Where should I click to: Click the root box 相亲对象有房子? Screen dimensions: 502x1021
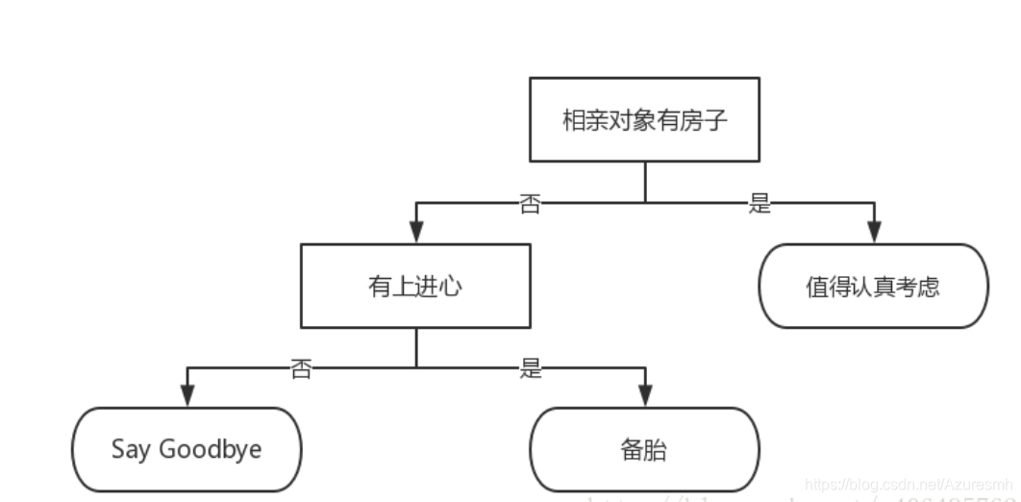(x=644, y=119)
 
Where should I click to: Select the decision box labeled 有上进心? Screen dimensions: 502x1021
(x=415, y=286)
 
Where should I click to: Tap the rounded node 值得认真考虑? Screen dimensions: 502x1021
(x=873, y=286)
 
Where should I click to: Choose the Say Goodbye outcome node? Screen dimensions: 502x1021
(x=187, y=449)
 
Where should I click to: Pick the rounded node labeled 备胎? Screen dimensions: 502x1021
(x=644, y=449)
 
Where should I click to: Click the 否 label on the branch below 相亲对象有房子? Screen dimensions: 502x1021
(x=530, y=204)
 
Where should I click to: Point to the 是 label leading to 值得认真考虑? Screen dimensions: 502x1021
(x=760, y=204)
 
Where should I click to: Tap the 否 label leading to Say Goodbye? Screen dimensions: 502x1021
(x=301, y=368)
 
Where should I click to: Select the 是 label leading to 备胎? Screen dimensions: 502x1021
(x=531, y=368)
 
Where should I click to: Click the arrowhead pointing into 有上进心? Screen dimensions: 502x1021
(x=415, y=232)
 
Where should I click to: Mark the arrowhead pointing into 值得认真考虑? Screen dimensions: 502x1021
(x=873, y=232)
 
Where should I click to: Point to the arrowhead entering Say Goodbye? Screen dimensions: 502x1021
(x=187, y=396)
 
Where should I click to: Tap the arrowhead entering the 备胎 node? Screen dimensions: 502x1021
(x=644, y=396)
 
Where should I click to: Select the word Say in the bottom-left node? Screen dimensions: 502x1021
(x=131, y=449)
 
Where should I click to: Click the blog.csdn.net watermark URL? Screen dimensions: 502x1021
(x=909, y=486)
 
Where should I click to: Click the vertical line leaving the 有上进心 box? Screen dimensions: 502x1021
(x=415, y=346)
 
